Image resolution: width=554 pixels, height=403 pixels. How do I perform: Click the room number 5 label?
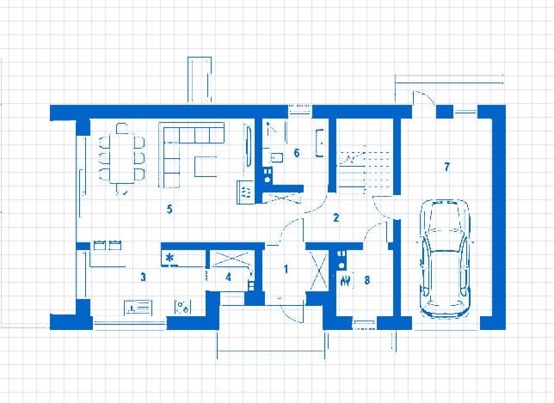click(169, 210)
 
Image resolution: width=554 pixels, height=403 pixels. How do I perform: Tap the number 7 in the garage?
click(447, 167)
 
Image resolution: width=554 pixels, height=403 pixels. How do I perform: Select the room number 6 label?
click(297, 153)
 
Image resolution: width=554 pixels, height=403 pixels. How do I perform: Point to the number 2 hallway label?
click(336, 217)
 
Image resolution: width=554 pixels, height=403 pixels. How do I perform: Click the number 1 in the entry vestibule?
click(286, 269)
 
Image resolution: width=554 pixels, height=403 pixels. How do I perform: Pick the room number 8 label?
click(367, 280)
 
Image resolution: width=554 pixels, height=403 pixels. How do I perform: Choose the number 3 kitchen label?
click(143, 277)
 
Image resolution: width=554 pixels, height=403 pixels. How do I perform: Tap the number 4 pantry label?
click(229, 277)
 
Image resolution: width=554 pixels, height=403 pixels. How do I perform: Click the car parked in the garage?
click(445, 258)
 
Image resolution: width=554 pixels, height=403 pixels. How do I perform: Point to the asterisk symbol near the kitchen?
click(170, 258)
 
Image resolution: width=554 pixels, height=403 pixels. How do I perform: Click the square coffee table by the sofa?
click(206, 166)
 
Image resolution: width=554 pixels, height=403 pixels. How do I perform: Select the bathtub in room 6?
click(320, 143)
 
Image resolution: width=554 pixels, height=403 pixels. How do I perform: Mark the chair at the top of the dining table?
click(122, 128)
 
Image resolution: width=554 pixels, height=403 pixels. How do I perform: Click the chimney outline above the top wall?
click(200, 80)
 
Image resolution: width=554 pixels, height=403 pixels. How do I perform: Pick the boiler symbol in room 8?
click(346, 281)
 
